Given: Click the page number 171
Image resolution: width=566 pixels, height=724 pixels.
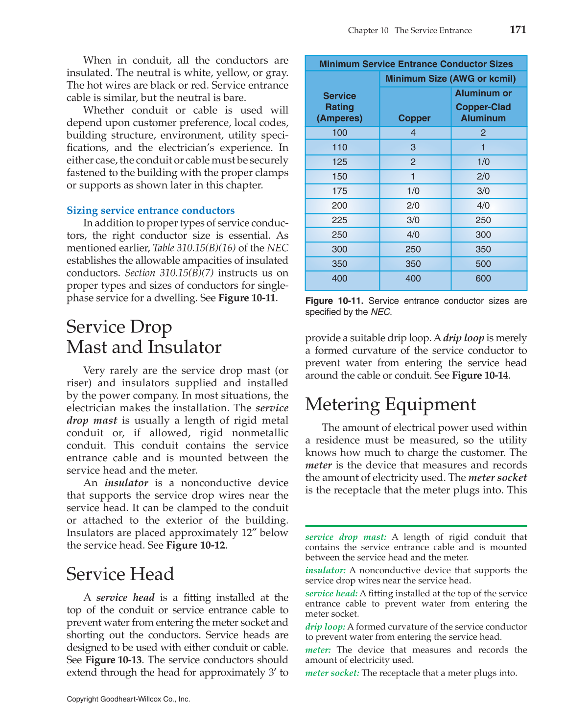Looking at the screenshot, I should click(x=518, y=30).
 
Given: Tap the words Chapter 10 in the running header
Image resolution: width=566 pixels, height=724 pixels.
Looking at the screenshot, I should click(x=368, y=30).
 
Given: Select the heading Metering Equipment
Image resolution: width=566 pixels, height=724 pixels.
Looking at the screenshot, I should click(x=390, y=404).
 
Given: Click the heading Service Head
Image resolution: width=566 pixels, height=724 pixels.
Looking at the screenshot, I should click(x=120, y=574).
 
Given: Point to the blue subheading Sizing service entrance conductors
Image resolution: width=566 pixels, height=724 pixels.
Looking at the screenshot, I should click(x=150, y=210).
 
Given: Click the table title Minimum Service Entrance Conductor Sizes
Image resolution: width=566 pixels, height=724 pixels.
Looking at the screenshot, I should click(x=416, y=64).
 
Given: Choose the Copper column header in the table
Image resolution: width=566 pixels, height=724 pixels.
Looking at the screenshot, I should click(x=414, y=118).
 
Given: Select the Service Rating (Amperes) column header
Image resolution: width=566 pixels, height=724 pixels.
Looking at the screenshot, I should click(x=339, y=107).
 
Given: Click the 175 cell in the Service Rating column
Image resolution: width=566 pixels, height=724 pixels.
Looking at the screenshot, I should click(x=339, y=191).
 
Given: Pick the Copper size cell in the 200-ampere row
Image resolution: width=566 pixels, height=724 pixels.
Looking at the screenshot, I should click(x=413, y=206).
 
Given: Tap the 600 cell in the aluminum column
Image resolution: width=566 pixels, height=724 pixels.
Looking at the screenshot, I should click(x=483, y=279).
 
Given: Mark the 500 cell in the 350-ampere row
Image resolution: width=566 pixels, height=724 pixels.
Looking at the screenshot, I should click(x=483, y=264).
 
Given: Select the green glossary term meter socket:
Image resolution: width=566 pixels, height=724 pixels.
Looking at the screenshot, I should click(x=332, y=673).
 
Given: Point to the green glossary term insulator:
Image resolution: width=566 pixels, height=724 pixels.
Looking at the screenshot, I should click(x=325, y=570).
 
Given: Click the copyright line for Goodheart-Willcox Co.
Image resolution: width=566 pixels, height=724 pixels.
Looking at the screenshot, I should click(x=128, y=699).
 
